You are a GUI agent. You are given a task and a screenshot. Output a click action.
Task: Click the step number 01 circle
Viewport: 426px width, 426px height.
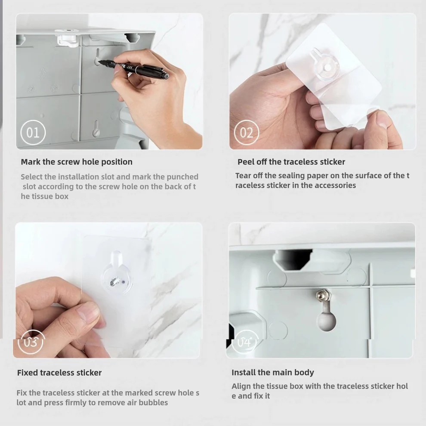[x=33, y=133]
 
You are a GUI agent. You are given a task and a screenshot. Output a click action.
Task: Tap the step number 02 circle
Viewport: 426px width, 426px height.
[x=247, y=133]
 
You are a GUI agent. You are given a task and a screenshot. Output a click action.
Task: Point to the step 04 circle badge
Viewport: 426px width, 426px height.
[x=244, y=342]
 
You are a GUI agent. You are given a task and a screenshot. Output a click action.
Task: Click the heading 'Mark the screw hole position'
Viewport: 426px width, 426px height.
[x=77, y=162]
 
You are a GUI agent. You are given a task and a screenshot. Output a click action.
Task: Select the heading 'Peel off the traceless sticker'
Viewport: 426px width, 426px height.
[x=291, y=162]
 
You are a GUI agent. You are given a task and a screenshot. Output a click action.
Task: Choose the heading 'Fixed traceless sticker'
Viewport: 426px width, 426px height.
[x=59, y=373]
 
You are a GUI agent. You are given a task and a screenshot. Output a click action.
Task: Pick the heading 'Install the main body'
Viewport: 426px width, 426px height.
[x=273, y=373]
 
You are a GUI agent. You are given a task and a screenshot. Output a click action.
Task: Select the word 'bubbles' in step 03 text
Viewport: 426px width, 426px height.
[x=153, y=403]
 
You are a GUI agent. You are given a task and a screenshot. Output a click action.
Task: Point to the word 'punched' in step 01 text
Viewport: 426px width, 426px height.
[x=182, y=177]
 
